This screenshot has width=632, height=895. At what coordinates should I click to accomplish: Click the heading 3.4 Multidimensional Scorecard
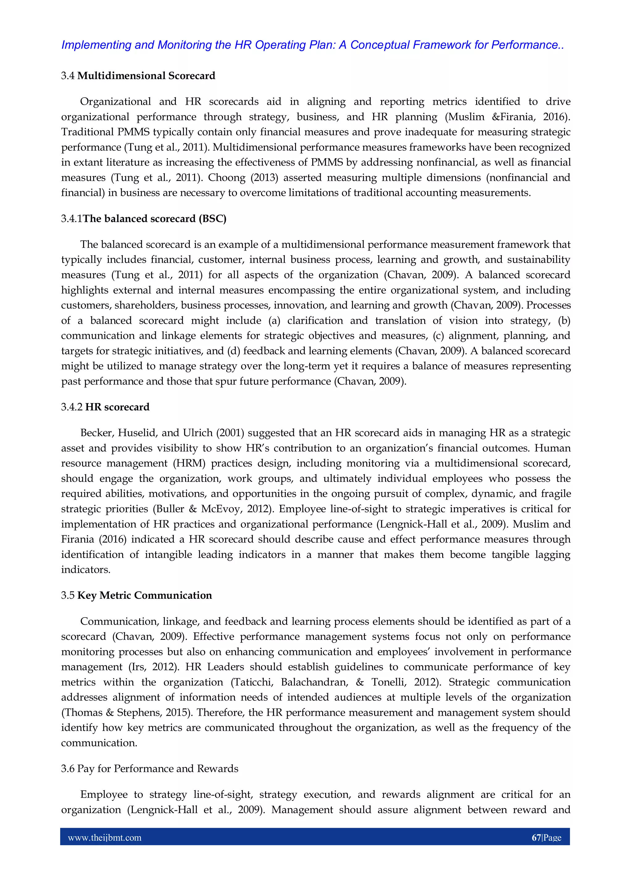(138, 76)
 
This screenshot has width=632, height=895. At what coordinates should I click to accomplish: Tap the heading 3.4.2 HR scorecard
(105, 407)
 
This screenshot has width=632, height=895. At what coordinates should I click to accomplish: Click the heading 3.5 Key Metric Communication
(136, 595)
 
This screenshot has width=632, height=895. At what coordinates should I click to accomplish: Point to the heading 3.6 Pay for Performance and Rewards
(150, 768)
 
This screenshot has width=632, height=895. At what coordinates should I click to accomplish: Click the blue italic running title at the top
(313, 45)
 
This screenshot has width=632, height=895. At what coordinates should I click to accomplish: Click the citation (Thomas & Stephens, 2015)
(127, 712)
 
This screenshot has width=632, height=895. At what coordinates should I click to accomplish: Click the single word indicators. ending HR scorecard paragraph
(86, 570)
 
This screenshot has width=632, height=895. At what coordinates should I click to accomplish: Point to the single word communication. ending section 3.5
(99, 743)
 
